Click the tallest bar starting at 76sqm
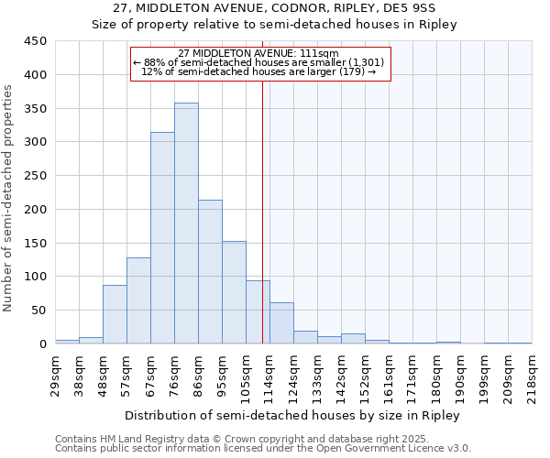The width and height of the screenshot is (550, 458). (x=186, y=224)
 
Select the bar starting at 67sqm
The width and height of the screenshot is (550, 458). (x=162, y=238)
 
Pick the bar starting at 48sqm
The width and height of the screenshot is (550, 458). (x=115, y=314)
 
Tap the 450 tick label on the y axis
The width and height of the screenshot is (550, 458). (x=36, y=41)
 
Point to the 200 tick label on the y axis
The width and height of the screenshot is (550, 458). (x=36, y=209)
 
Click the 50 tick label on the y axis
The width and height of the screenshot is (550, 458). (x=39, y=310)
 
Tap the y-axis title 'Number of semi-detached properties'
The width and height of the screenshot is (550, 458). (x=9, y=198)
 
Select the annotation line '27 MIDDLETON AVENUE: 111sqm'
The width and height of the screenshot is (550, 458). (x=258, y=53)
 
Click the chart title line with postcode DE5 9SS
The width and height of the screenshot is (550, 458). (x=274, y=8)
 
